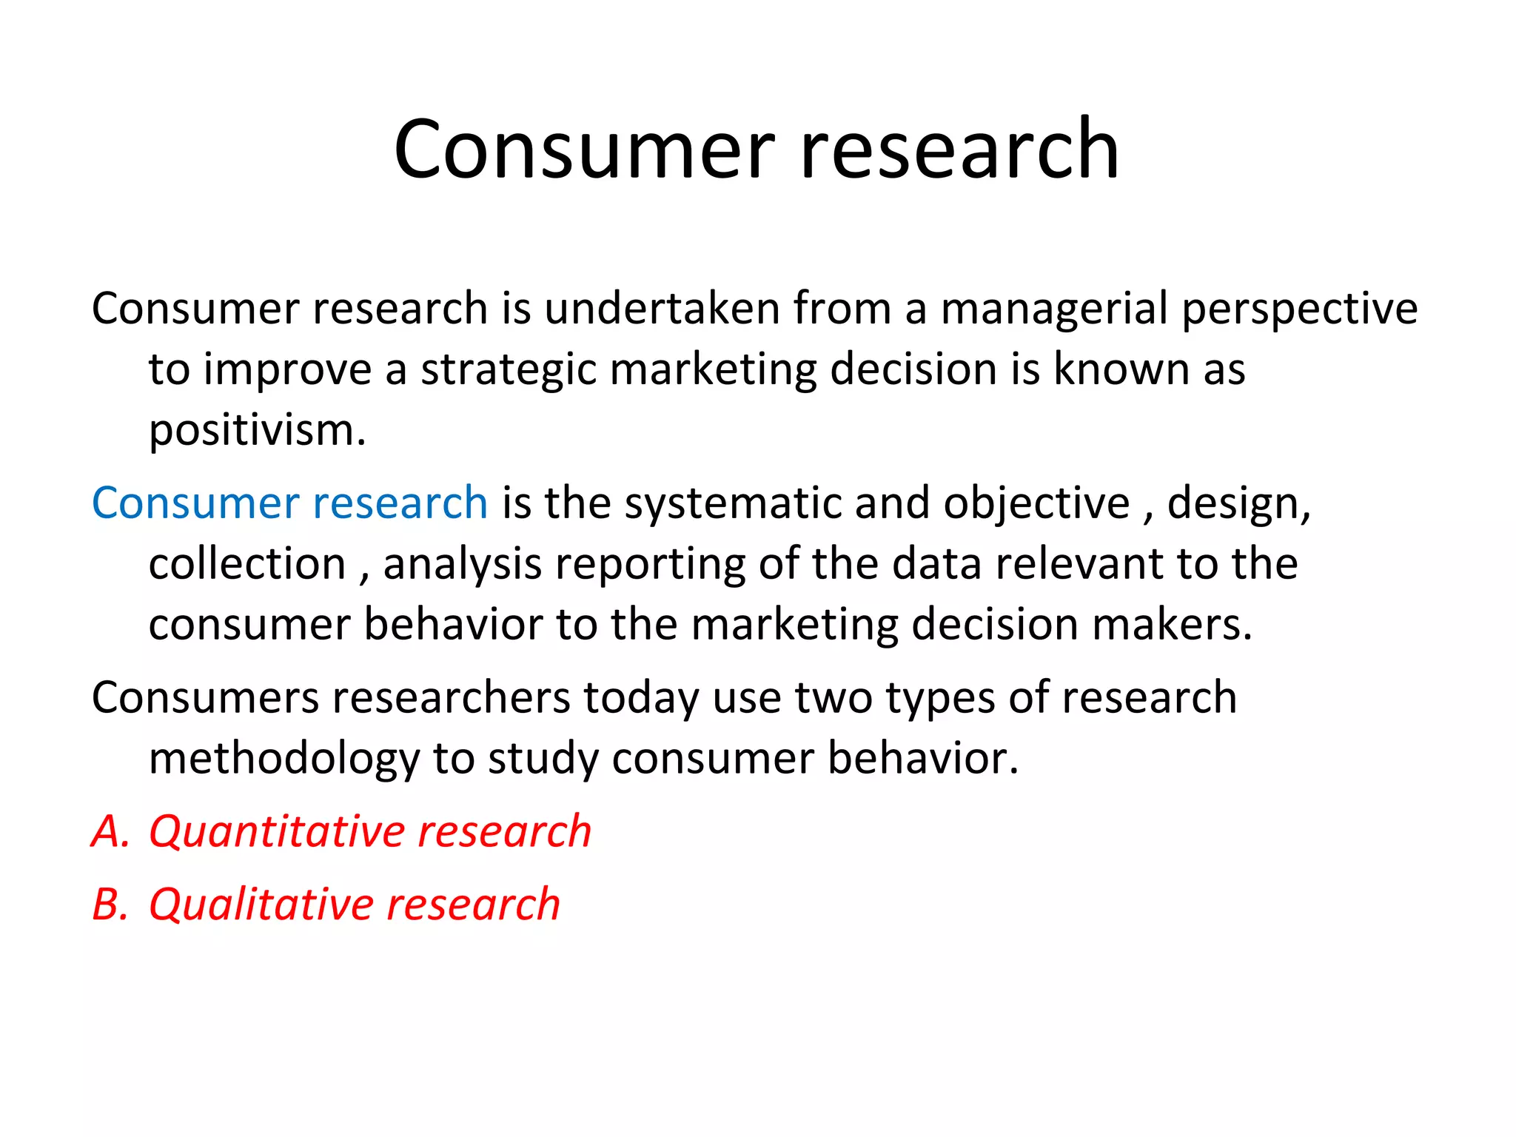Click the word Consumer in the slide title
point(584,150)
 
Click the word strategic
point(509,369)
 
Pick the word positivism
point(257,430)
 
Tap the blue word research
point(400,503)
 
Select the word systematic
point(733,503)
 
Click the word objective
point(1036,505)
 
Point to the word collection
point(247,564)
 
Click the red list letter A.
point(108,831)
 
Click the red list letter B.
point(108,905)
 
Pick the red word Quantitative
point(276,832)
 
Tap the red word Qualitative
point(260,905)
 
